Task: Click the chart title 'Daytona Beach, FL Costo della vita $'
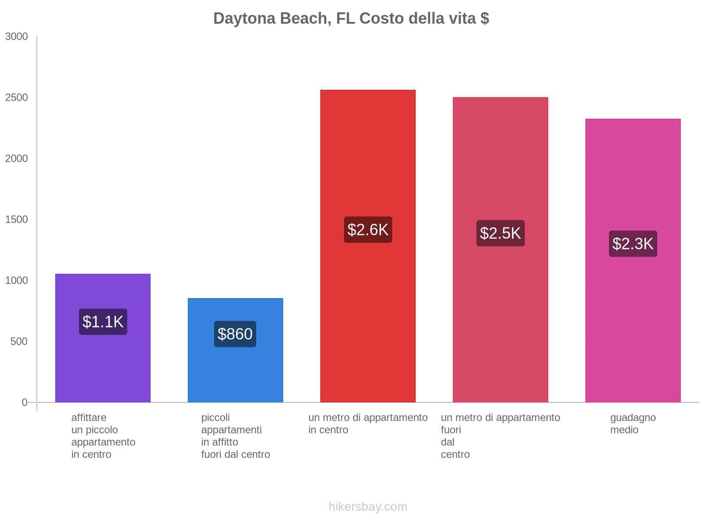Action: click(x=351, y=18)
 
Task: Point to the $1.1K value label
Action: click(x=103, y=322)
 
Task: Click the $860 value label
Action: click(x=235, y=334)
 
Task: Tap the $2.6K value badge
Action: click(x=368, y=230)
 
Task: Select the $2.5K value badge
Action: click(x=500, y=233)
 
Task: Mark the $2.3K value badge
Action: click(x=633, y=244)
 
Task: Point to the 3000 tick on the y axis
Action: click(x=17, y=37)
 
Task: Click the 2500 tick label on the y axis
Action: click(x=17, y=98)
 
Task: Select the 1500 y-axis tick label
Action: click(x=17, y=220)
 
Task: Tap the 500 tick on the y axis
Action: click(x=19, y=341)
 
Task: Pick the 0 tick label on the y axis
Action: click(x=25, y=402)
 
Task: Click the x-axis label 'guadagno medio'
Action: click(x=633, y=424)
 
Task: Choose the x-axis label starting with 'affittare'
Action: click(x=103, y=436)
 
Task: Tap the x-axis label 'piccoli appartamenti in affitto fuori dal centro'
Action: click(x=235, y=436)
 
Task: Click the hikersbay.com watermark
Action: click(x=368, y=507)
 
